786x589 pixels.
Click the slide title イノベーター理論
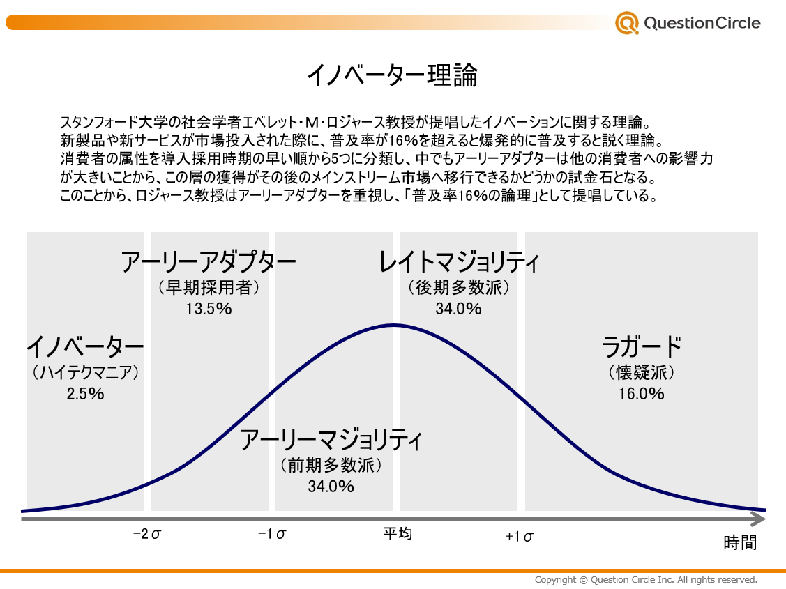click(x=392, y=75)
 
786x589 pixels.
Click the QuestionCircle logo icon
click(x=626, y=23)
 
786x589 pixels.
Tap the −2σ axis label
click(x=147, y=535)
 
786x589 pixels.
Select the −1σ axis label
click(x=272, y=535)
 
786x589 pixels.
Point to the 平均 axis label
click(x=398, y=534)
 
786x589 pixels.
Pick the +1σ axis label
click(x=520, y=536)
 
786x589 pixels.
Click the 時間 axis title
click(x=740, y=542)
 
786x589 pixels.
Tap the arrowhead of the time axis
click(x=759, y=519)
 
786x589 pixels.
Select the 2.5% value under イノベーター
click(x=85, y=394)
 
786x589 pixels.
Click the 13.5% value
click(x=209, y=308)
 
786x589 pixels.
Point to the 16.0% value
click(x=641, y=394)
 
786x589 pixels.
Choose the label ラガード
click(x=641, y=346)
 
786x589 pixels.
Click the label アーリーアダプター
click(x=209, y=263)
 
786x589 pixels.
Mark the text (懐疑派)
click(x=641, y=373)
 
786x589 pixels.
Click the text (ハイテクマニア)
click(x=85, y=373)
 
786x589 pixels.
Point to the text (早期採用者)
click(x=209, y=287)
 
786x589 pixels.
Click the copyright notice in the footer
click(x=646, y=580)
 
